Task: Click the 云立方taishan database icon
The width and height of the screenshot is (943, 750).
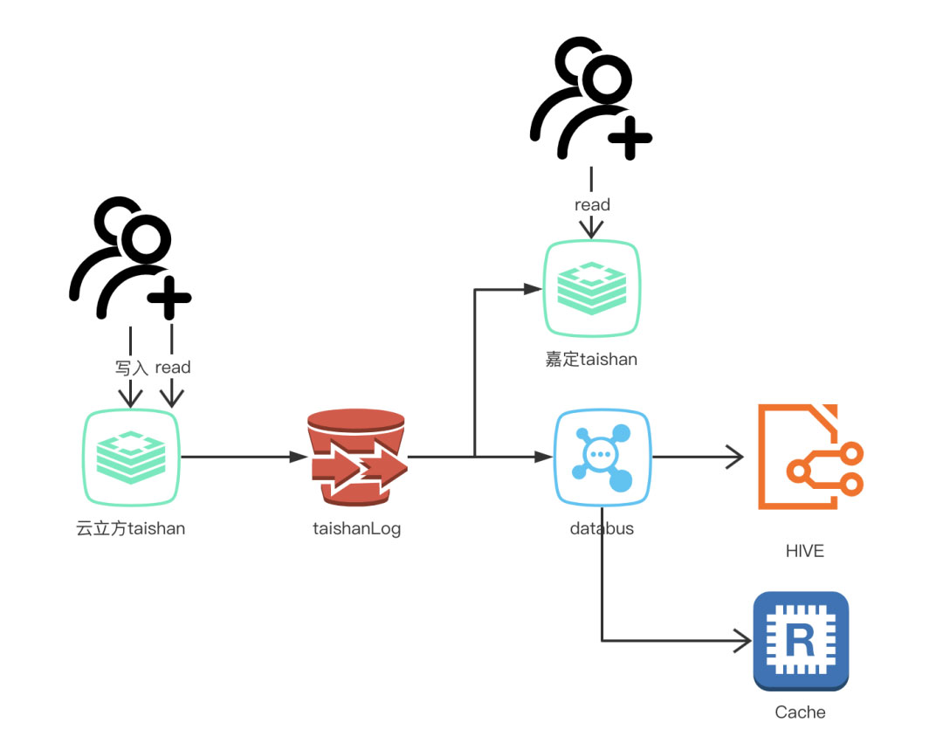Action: [132, 457]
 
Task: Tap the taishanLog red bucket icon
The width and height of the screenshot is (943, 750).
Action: [356, 457]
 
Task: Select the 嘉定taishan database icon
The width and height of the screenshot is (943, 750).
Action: [592, 288]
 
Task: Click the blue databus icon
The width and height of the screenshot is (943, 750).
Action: [602, 457]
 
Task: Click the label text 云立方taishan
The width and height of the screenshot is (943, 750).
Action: [131, 528]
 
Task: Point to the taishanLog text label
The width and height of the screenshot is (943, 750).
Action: [356, 528]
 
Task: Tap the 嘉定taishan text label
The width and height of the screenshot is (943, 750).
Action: [591, 359]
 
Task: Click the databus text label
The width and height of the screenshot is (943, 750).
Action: [602, 528]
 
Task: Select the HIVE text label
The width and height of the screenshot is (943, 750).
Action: [804, 551]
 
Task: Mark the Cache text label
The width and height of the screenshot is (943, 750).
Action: [800, 712]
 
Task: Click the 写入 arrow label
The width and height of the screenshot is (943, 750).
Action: [132, 368]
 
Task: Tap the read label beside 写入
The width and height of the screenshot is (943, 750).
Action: [173, 368]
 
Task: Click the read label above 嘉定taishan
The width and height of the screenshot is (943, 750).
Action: [592, 205]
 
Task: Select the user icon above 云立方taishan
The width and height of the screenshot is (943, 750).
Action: [129, 259]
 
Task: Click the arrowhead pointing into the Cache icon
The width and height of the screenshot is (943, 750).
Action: [742, 642]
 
